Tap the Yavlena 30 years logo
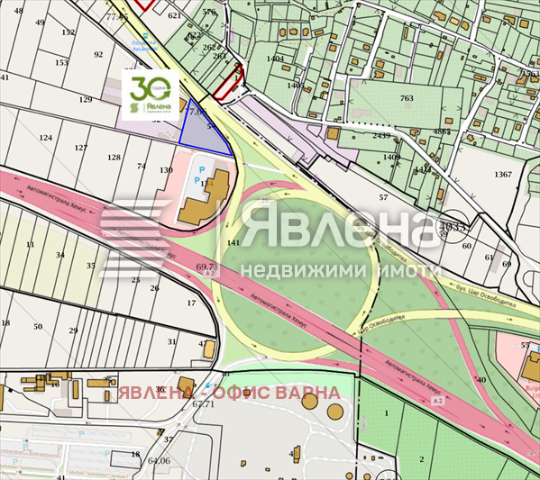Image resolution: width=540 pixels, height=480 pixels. [151, 95]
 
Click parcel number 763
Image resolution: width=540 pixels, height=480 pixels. [407, 98]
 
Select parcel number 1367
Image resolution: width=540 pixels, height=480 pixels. [503, 174]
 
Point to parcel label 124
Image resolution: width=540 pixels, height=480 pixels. [45, 138]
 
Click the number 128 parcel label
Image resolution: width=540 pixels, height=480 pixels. [114, 158]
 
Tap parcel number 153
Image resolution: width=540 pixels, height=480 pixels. [61, 63]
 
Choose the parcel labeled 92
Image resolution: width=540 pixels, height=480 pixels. [99, 55]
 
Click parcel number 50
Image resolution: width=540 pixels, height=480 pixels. [38, 327]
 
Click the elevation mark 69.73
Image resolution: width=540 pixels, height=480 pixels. [206, 267]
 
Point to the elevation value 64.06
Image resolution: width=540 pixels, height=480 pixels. [159, 461]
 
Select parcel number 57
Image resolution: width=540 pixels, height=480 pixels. [383, 197]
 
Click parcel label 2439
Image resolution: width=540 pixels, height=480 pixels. [381, 136]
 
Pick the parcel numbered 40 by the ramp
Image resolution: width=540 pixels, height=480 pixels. [481, 380]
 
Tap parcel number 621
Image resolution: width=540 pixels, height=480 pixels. [174, 16]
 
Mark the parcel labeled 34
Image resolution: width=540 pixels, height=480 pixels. [60, 256]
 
